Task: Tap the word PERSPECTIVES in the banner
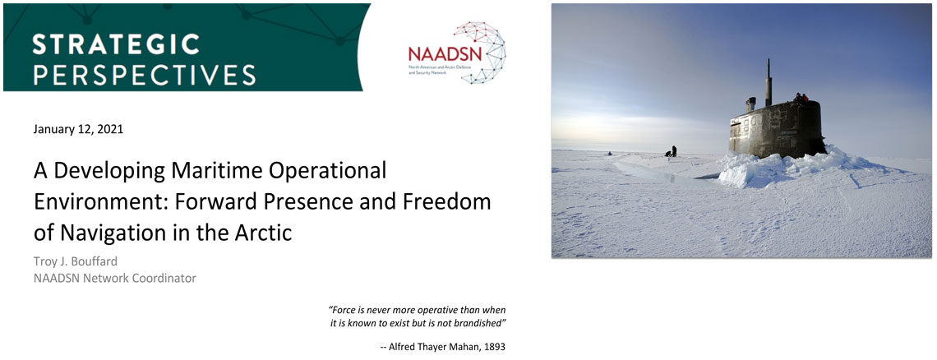pos(144,74)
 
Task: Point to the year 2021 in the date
pos(111,129)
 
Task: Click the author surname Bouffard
pos(91,262)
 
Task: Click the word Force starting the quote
pos(343,310)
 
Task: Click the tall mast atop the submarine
pos(769,82)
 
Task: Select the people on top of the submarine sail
pos(801,97)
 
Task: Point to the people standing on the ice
pos(672,151)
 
